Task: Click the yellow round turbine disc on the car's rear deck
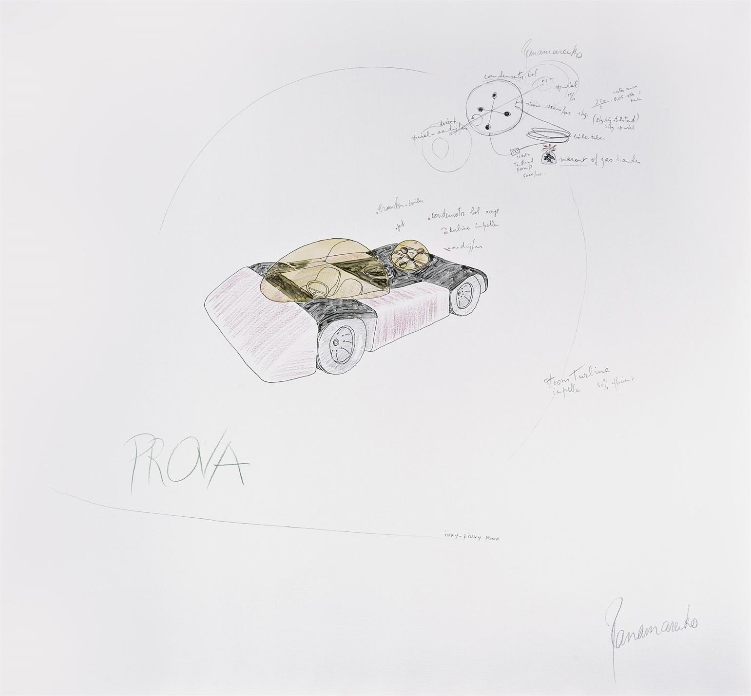tap(409, 254)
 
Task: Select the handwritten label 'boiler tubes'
tap(591, 138)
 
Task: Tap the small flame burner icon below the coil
tap(549, 157)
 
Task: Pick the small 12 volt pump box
tap(515, 152)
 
